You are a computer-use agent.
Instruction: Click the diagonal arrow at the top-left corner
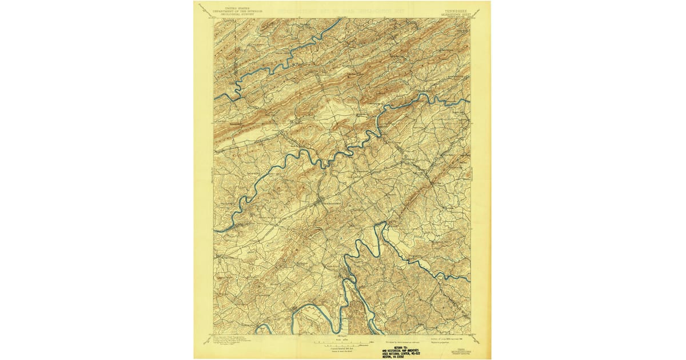(202, 7)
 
